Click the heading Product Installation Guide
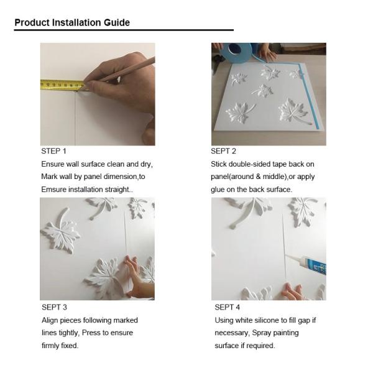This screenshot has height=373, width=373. click(x=72, y=22)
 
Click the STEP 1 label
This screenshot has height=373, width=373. click(x=53, y=151)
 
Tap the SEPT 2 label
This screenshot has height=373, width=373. click(x=224, y=151)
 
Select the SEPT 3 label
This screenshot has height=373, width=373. click(x=54, y=307)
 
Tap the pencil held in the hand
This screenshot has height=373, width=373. click(x=127, y=70)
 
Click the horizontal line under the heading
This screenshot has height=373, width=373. click(x=124, y=30)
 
